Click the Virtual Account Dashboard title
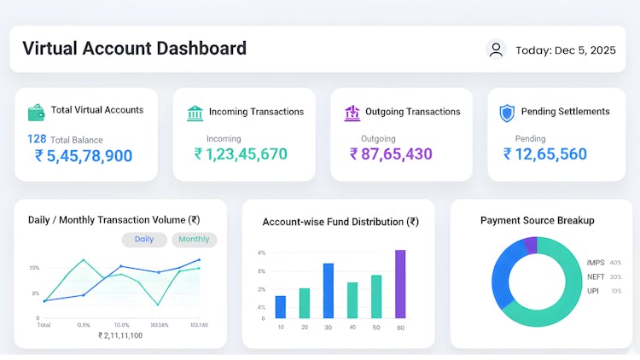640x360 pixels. (134, 49)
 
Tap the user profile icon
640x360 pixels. (496, 49)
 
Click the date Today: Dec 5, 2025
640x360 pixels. (565, 50)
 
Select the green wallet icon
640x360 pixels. (37, 113)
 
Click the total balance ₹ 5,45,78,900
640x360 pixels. (84, 155)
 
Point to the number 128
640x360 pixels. (37, 138)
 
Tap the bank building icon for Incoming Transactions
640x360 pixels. (195, 113)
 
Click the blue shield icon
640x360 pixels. (507, 113)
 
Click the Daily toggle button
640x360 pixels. (144, 240)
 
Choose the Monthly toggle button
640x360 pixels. (195, 240)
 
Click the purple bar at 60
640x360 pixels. (400, 284)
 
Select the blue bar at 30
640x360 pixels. (328, 291)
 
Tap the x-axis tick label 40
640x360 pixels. (352, 328)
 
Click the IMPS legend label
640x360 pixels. (595, 263)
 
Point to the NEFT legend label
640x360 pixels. (595, 276)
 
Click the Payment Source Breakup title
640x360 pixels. (537, 220)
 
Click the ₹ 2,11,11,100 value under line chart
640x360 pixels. (120, 335)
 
